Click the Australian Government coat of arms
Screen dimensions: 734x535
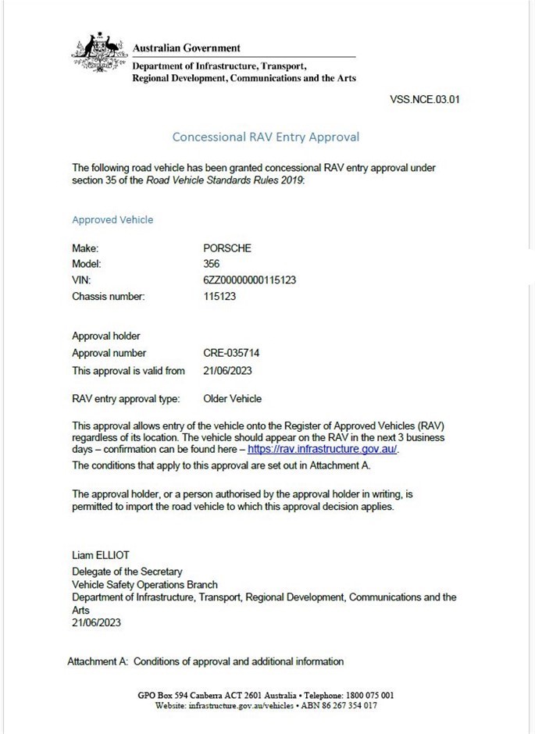pos(99,52)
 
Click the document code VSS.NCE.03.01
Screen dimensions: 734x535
pos(423,100)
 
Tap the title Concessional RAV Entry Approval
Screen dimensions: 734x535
pos(266,137)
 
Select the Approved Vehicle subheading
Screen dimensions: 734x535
pos(112,219)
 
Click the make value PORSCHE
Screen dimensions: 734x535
pos(227,248)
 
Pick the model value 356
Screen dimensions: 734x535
pos(211,264)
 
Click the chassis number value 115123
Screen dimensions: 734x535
pos(219,297)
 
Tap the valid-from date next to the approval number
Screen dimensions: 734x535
pos(227,371)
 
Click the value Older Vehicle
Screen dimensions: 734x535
pos(232,398)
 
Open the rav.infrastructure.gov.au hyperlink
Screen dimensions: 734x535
pos(322,451)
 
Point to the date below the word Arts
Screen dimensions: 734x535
pos(96,623)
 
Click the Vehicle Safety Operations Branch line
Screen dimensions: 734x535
pos(144,584)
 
